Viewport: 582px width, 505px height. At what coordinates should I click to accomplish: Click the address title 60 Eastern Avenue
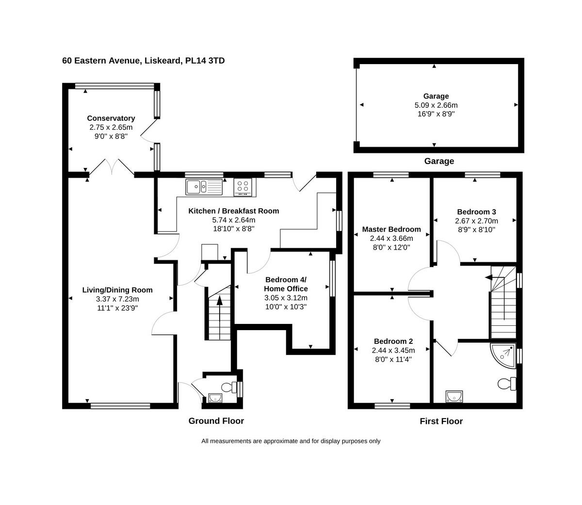coord(143,61)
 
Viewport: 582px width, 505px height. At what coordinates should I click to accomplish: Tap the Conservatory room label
coord(111,118)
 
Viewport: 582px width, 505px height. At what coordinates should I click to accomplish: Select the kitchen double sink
coord(204,186)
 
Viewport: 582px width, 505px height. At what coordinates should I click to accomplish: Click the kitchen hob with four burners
coord(244,186)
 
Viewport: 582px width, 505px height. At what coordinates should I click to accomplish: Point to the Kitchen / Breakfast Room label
coord(233,211)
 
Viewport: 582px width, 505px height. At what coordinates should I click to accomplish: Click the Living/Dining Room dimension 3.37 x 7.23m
coord(117,299)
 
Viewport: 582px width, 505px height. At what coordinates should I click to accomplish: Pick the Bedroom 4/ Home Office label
coord(286,284)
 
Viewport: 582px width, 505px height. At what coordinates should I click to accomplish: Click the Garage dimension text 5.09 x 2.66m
coord(436,105)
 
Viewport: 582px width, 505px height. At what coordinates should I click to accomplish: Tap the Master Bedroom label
coord(391,229)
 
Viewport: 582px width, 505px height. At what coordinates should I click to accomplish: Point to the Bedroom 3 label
coord(476,212)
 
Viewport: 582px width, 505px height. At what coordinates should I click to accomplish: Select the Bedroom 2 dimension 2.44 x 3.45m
coord(393,350)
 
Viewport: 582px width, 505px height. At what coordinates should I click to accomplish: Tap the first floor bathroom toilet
coord(506,384)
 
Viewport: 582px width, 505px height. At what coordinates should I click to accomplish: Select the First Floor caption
coord(441,421)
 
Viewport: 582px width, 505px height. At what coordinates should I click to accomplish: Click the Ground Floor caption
coord(216,421)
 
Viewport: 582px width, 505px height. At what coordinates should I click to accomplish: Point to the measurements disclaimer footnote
coord(291,441)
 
